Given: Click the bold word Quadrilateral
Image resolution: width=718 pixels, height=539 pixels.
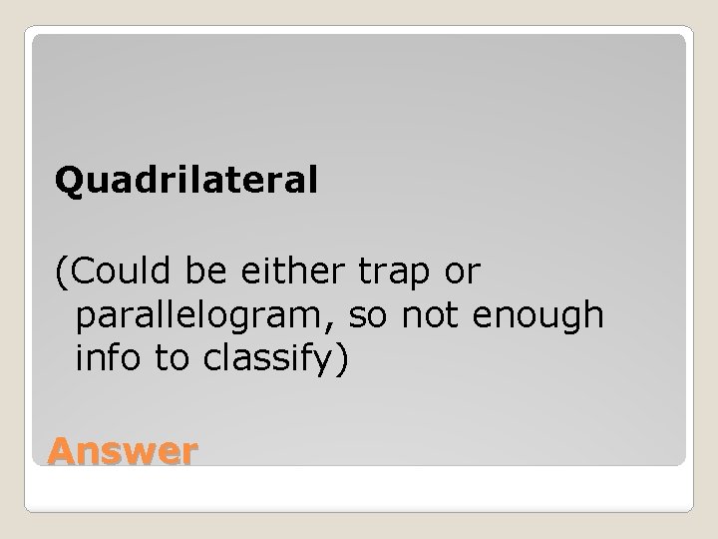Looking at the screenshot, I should tap(186, 181).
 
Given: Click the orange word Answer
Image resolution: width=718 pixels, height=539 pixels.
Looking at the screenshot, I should tap(123, 453).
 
